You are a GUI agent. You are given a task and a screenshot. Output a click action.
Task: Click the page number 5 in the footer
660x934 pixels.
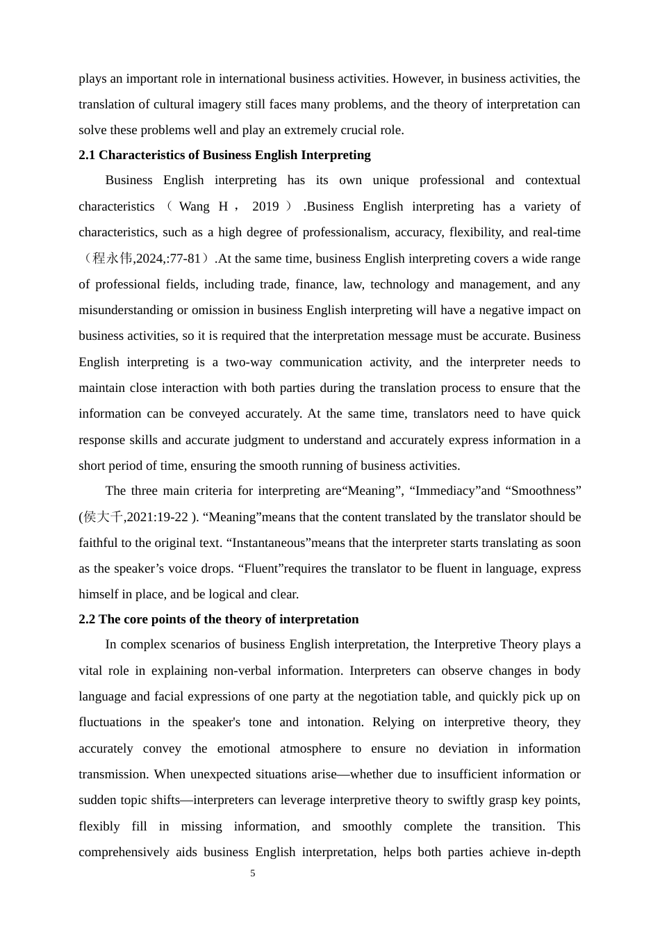click(x=253, y=874)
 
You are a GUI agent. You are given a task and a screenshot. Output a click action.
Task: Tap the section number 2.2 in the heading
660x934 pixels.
click(x=87, y=619)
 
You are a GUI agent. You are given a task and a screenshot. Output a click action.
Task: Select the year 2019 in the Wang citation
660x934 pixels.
click(x=265, y=206)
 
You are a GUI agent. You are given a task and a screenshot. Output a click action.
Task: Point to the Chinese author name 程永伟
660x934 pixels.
click(x=113, y=259)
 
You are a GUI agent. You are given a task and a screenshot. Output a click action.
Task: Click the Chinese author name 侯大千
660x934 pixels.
click(x=104, y=517)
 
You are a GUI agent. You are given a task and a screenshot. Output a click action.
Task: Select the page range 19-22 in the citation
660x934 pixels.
click(x=172, y=517)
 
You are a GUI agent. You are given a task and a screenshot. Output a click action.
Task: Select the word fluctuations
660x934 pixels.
click(x=110, y=722)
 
